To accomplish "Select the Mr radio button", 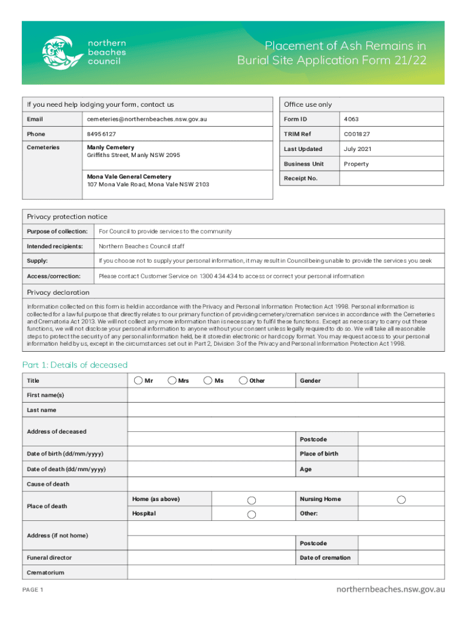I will point(139,380).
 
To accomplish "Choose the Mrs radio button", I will point(173,380).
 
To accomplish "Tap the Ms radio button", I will point(208,380).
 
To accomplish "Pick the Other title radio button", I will point(243,380).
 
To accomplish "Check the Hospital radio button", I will point(252,514).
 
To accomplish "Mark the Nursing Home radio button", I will point(401,500).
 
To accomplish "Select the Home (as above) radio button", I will point(252,500).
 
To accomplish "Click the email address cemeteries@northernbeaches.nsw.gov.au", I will point(147,119).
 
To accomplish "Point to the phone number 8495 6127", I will point(101,134).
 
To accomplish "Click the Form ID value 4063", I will point(351,119).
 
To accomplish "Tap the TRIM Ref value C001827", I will point(357,134).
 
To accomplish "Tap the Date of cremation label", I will point(324,558).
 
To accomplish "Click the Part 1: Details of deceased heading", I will point(75,364).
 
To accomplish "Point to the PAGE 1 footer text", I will point(33,590).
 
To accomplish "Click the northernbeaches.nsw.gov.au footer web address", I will point(391,589).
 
